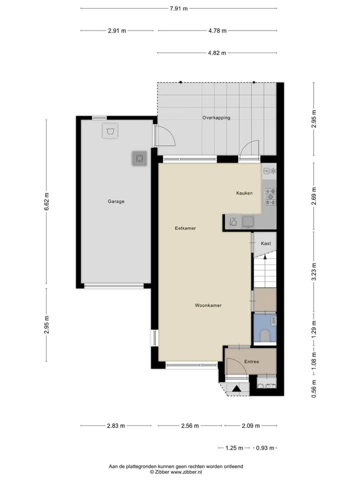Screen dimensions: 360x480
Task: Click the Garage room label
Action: [x=116, y=201]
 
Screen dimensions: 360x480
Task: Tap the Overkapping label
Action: [x=216, y=117]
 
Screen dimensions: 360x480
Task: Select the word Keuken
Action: [x=244, y=193]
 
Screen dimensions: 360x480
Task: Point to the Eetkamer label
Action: [x=185, y=228]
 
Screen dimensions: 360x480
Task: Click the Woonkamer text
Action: [x=208, y=305]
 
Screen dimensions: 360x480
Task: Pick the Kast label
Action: [x=265, y=243]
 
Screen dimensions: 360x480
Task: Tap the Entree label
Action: [x=251, y=361]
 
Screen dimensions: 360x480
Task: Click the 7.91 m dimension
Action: [x=179, y=8]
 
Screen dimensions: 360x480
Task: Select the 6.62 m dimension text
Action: [x=46, y=201]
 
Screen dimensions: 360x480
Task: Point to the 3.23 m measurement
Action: [x=314, y=271]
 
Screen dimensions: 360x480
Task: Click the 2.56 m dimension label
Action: [x=190, y=426]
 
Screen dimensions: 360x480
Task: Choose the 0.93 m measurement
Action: [x=265, y=448]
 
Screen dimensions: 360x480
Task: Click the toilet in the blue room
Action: [x=265, y=335]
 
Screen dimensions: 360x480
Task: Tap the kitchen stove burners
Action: [x=270, y=197]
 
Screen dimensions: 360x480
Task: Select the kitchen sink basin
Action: [x=248, y=221]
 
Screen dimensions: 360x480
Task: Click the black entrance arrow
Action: [x=236, y=388]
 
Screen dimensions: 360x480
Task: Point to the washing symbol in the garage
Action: [x=110, y=131]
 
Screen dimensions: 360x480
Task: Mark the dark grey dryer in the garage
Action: [x=139, y=158]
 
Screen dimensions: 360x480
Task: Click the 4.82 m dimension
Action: [x=217, y=53]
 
